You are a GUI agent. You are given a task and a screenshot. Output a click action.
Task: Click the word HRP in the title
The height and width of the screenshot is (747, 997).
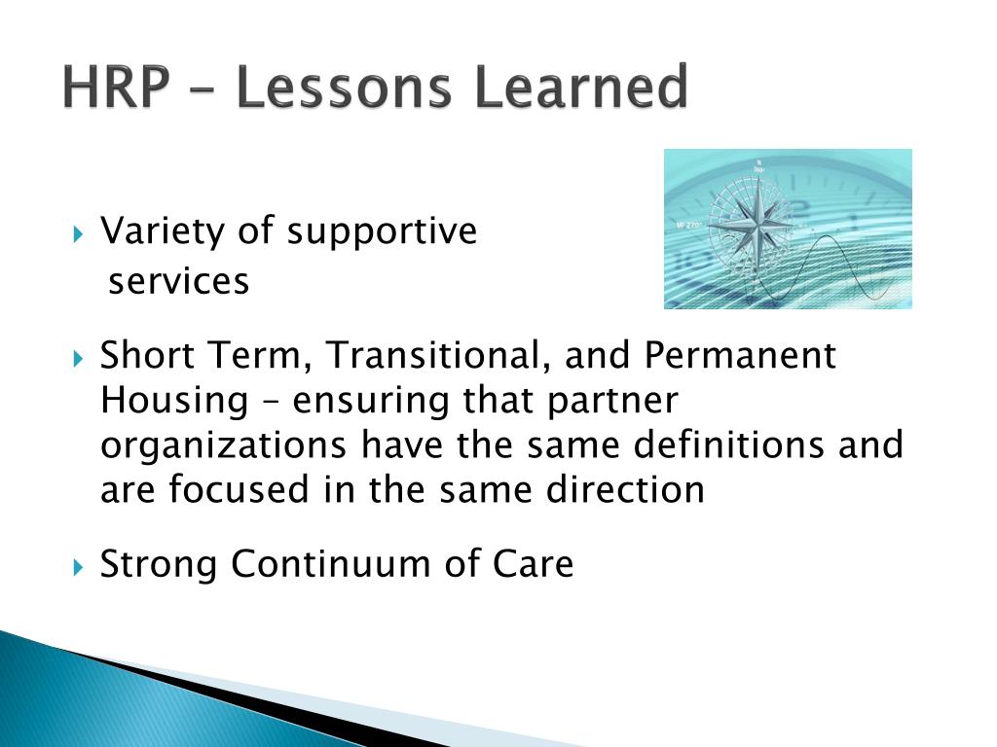pos(117,87)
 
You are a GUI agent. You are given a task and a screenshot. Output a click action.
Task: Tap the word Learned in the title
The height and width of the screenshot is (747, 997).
pos(581,87)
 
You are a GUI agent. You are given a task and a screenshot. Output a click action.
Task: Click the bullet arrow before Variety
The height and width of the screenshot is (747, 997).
pos(78,235)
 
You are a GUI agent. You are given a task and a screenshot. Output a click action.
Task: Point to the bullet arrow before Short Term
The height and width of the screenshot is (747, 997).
pos(78,360)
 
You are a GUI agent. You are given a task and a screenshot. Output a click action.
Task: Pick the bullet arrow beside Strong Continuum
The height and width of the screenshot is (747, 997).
pos(78,567)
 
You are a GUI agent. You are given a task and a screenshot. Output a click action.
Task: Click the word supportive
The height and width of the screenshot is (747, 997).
pos(382,232)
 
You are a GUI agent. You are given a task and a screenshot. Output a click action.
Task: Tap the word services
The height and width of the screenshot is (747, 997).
pos(179,281)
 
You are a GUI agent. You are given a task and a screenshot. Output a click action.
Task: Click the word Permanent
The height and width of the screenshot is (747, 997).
pos(740,354)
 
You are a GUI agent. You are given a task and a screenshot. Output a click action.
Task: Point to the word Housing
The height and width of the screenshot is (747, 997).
pos(174,402)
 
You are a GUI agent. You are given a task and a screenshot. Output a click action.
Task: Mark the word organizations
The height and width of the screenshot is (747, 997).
pos(223,446)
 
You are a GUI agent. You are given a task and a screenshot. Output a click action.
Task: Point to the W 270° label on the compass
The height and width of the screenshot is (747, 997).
pos(688,225)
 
